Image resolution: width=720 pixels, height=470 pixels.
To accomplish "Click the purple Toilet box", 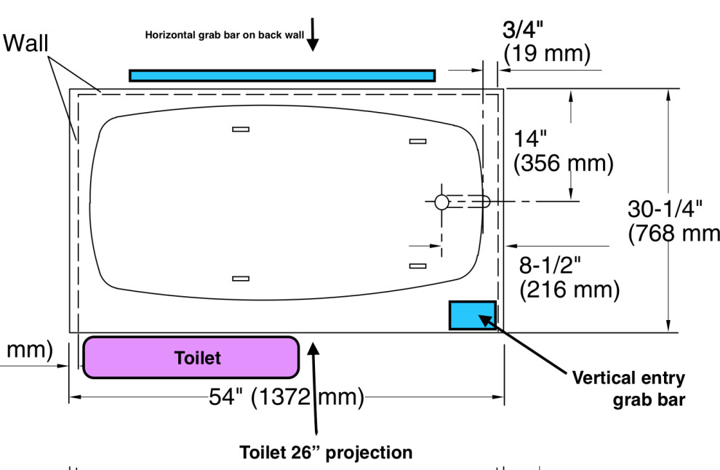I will [x=191, y=357].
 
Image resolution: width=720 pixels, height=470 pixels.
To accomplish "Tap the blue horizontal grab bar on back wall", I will [x=282, y=76].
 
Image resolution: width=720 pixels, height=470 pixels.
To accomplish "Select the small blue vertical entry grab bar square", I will [x=472, y=315].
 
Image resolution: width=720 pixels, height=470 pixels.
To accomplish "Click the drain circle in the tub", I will [x=441, y=203].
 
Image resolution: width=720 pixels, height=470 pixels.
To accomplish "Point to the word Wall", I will [x=26, y=44].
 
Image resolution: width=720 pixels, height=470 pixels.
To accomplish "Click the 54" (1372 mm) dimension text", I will [x=286, y=397].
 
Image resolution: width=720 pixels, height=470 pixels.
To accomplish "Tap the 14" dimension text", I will [x=533, y=138].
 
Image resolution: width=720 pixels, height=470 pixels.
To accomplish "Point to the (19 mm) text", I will [x=547, y=53].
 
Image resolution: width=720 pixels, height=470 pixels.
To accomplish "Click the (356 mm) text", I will [x=563, y=163].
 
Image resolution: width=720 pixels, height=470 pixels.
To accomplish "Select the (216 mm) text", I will [x=569, y=290].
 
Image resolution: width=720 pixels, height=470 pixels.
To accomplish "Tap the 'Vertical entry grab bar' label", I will [x=628, y=388].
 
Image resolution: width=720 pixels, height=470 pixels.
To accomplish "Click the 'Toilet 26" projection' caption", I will [x=326, y=452].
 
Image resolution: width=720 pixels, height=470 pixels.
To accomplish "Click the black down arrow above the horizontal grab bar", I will [x=313, y=35].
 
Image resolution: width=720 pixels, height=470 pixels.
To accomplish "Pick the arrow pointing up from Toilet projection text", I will [x=314, y=386].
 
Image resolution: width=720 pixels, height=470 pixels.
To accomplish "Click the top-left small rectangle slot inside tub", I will [x=241, y=130].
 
